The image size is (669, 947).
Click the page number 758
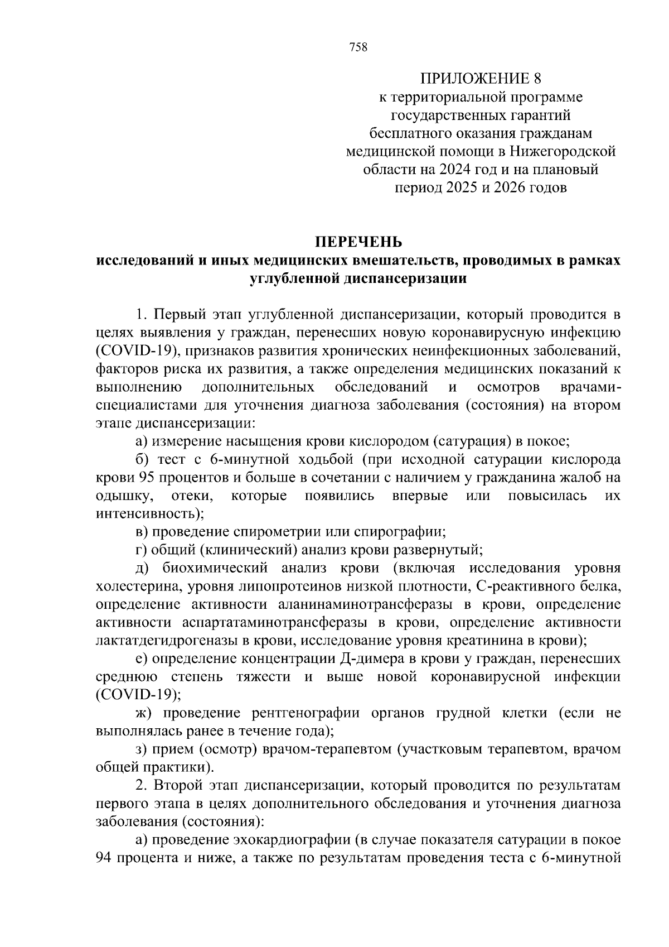click(x=358, y=47)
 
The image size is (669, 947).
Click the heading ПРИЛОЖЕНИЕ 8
click(x=481, y=78)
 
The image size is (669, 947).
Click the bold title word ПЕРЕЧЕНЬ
click(x=358, y=242)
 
